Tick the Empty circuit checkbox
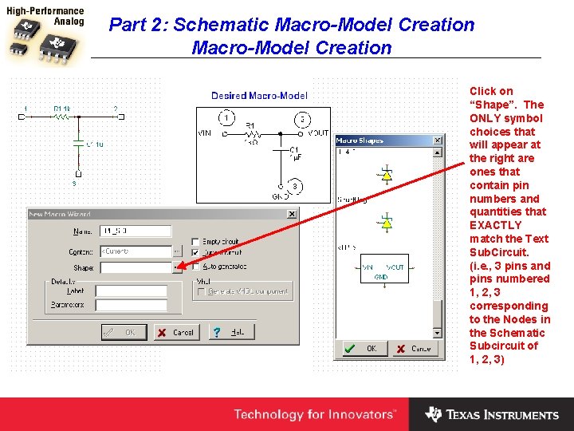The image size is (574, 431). [197, 241]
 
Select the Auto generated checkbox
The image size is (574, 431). [197, 267]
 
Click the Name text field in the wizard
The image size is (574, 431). [136, 231]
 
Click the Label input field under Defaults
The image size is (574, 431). [131, 291]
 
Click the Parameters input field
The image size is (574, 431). [131, 305]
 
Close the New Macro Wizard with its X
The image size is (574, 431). [291, 214]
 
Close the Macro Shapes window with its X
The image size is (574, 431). [437, 141]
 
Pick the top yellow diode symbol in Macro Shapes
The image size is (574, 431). [387, 174]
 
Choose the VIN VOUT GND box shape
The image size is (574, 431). [383, 272]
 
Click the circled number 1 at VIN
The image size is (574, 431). [227, 118]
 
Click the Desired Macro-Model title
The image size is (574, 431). [259, 96]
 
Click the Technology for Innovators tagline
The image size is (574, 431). [314, 414]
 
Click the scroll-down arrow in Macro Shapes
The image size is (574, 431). [437, 332]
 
